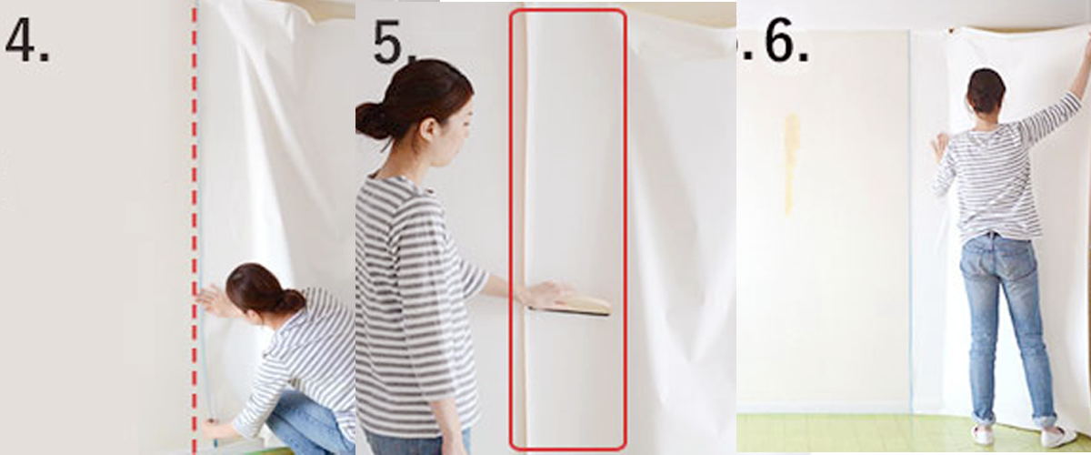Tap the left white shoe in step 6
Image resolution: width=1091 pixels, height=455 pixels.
pos(983,436)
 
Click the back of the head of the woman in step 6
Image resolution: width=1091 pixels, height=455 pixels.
pos(986,91)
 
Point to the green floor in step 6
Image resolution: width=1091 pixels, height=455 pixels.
pos(846,434)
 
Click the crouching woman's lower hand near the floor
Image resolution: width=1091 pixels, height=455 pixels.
pos(211,428)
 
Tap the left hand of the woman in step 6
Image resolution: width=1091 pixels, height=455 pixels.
pos(939,146)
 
